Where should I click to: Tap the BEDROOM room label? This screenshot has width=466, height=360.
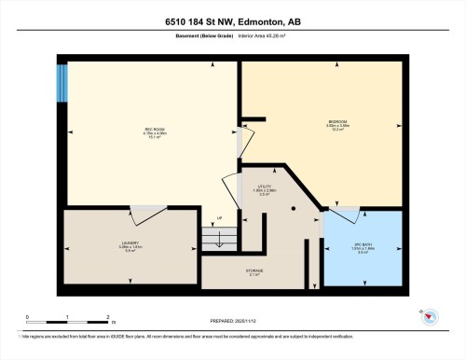(x=338, y=121)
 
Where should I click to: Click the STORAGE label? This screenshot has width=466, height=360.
(x=254, y=270)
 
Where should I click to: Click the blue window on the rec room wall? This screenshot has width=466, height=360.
(x=62, y=83)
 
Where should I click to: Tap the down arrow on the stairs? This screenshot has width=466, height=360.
(x=219, y=241)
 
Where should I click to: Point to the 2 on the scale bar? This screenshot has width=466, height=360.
(x=108, y=317)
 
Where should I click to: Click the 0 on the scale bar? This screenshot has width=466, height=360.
(x=28, y=317)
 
